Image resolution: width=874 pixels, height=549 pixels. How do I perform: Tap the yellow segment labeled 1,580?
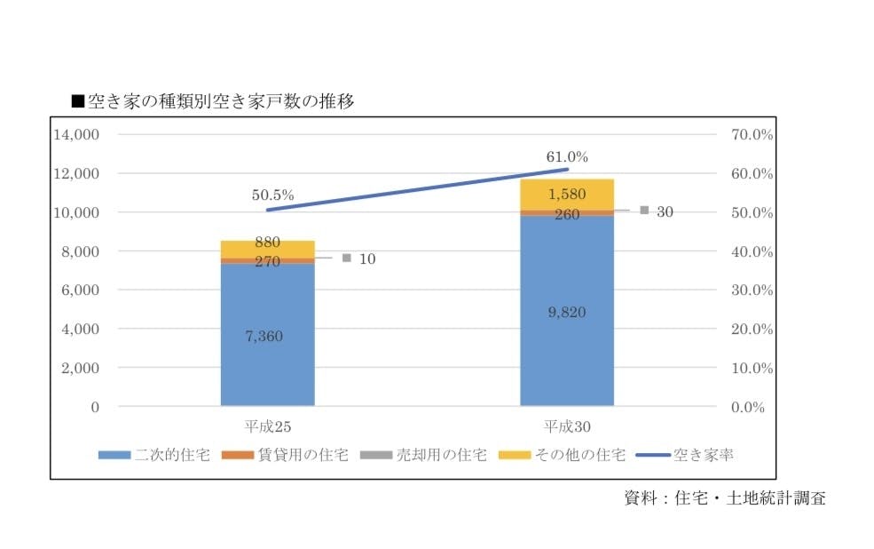click(x=566, y=195)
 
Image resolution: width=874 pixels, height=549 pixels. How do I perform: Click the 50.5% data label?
click(x=272, y=195)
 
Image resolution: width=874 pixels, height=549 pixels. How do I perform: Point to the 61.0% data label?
click(x=567, y=156)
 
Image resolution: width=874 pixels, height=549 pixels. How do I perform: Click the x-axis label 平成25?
click(x=268, y=425)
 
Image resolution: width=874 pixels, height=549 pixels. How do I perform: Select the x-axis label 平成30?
click(x=567, y=425)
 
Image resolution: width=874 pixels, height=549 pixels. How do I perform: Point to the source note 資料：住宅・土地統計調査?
click(x=725, y=497)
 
